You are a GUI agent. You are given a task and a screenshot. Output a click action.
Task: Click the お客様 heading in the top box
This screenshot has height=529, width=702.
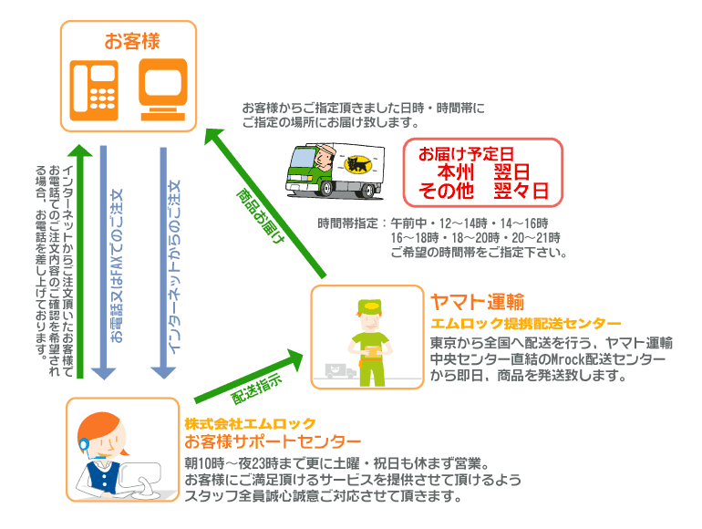pos(131,41)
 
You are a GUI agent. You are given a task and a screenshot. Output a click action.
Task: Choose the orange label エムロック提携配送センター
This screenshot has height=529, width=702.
pos(526,323)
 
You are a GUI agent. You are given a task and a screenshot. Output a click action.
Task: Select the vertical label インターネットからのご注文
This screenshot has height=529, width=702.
pos(176,264)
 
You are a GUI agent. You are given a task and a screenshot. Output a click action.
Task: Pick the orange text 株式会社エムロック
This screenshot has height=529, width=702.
pos(249,424)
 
